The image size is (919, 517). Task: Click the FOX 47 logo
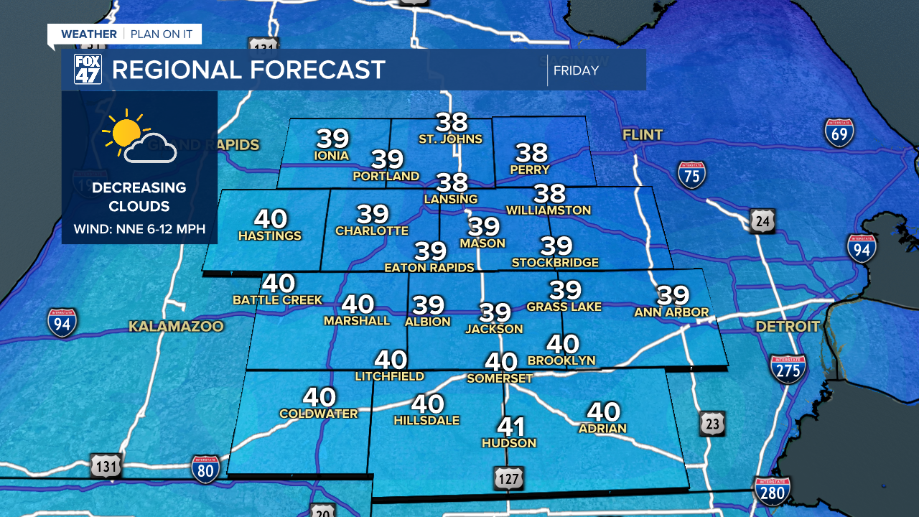pyautogui.click(x=88, y=70)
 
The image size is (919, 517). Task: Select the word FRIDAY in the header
pyautogui.click(x=576, y=70)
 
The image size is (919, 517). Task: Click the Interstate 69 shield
pyautogui.click(x=839, y=133)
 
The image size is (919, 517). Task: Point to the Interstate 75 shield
pyautogui.click(x=691, y=174)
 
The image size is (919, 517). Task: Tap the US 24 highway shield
pyautogui.click(x=761, y=221)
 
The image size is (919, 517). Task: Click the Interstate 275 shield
pyautogui.click(x=788, y=368)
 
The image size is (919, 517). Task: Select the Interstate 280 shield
pyautogui.click(x=773, y=491)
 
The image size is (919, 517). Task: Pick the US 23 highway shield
pyautogui.click(x=712, y=424)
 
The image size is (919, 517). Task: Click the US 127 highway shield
pyautogui.click(x=508, y=478)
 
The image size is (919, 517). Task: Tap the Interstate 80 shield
pyautogui.click(x=205, y=468)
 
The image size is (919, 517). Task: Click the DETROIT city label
pyautogui.click(x=788, y=327)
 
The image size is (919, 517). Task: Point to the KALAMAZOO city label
pyautogui.click(x=176, y=327)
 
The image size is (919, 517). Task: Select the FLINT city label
pyautogui.click(x=643, y=134)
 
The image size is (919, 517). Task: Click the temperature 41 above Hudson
pyautogui.click(x=511, y=427)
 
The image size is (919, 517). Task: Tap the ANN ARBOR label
pyautogui.click(x=671, y=312)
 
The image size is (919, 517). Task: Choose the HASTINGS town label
pyautogui.click(x=270, y=236)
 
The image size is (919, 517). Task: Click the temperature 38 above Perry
pyautogui.click(x=531, y=152)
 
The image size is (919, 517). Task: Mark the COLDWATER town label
pyautogui.click(x=318, y=414)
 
